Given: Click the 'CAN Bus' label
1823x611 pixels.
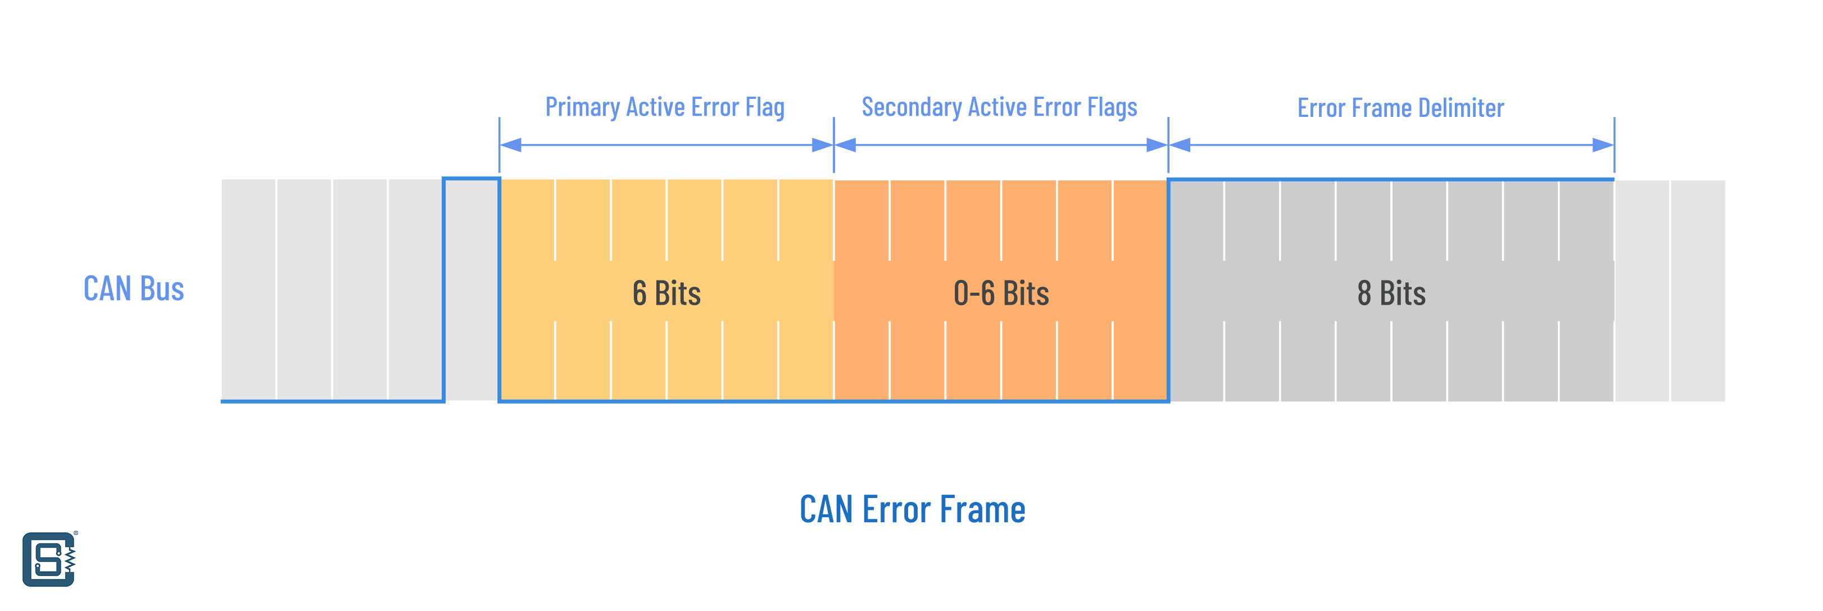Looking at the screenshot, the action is tap(134, 289).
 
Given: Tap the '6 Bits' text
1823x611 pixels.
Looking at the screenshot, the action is tap(666, 293).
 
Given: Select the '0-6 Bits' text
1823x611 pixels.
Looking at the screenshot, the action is tap(1001, 293).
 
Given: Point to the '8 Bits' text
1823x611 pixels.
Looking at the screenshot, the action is tap(1391, 293).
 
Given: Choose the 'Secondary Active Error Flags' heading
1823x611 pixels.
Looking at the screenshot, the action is tap(999, 107).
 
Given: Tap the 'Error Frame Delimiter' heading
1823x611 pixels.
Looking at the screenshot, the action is tap(1400, 107).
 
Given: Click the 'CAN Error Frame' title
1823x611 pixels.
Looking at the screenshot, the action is tap(912, 509).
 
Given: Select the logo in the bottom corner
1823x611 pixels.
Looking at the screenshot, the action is tap(49, 559).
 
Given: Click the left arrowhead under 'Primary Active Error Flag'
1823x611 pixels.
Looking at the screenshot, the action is tap(511, 145).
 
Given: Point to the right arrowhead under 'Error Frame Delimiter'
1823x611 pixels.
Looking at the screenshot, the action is tap(1603, 145).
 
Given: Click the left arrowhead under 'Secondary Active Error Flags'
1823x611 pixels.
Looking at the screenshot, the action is tap(846, 145).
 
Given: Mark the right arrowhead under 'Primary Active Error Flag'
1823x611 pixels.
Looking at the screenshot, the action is tap(822, 145).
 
